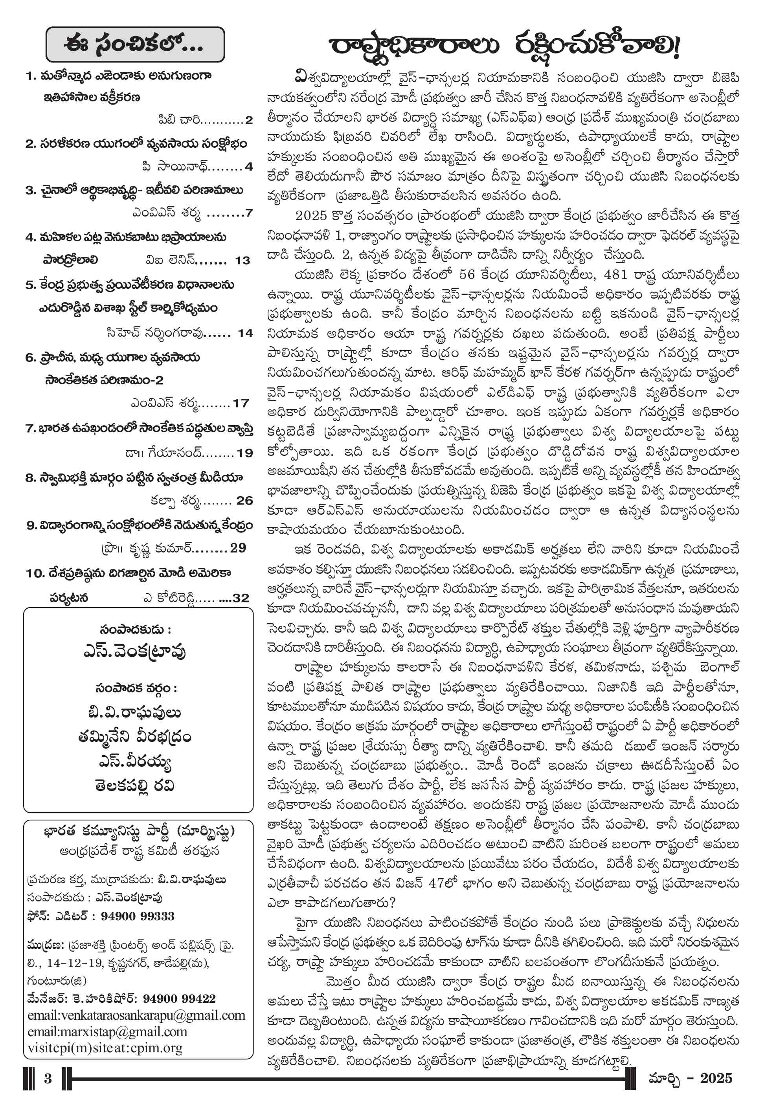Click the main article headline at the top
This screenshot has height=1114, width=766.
[x=504, y=46]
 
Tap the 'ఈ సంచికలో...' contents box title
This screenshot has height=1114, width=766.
[x=134, y=45]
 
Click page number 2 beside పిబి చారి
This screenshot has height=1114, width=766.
[x=249, y=120]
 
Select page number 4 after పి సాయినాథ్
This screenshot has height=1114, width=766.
[x=249, y=167]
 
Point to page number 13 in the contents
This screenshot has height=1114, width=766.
[x=242, y=261]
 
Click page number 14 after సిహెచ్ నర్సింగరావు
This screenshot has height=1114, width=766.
[x=245, y=333]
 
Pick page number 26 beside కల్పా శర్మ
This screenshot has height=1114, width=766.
[x=244, y=500]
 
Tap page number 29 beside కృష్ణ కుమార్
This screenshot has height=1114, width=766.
[x=238, y=548]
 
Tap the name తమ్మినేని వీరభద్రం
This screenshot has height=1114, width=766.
[x=134, y=736]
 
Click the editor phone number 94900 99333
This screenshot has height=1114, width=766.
[x=137, y=916]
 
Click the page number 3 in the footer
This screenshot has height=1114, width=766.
[x=48, y=1079]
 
